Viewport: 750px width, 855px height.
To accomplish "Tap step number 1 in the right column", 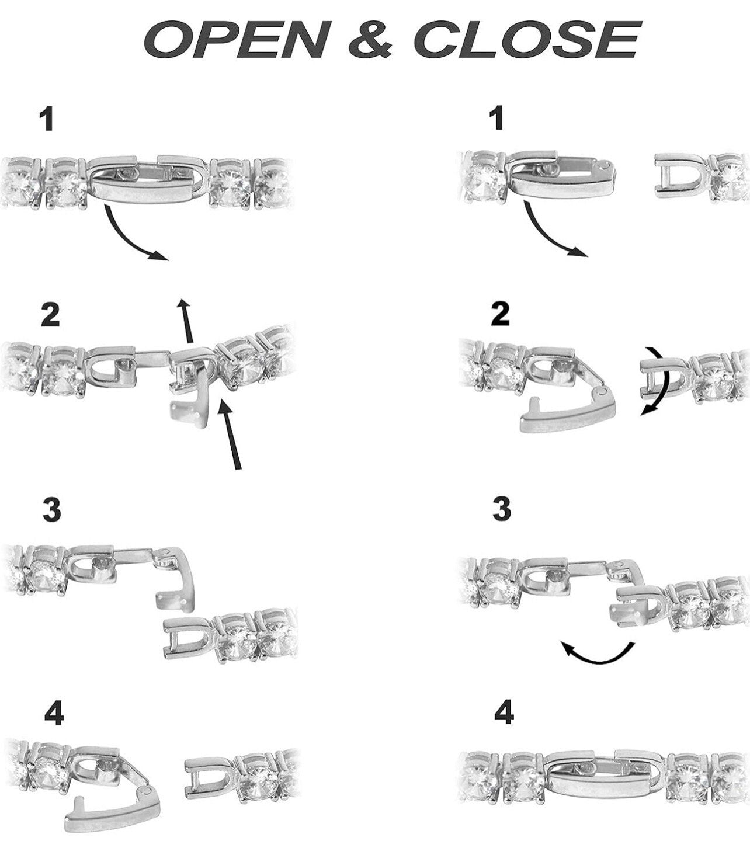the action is (x=498, y=119).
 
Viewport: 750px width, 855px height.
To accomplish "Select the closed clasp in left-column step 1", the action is (x=147, y=182).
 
